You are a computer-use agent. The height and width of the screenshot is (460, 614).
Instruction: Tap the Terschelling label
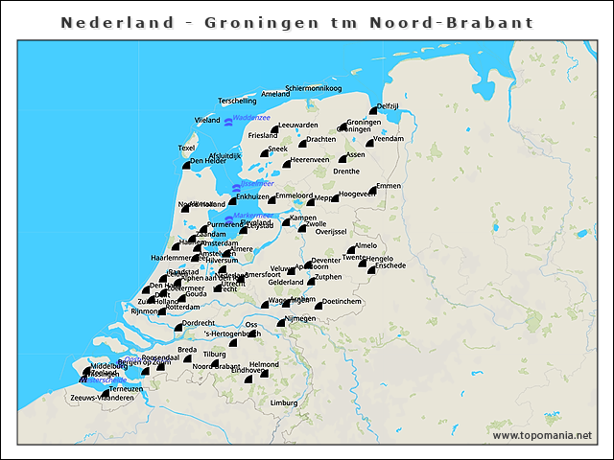[238, 101]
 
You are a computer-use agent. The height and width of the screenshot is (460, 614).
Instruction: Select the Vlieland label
[207, 121]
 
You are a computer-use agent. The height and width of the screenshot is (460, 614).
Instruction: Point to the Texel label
[186, 148]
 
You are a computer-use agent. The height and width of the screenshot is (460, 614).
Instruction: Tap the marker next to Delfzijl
[373, 98]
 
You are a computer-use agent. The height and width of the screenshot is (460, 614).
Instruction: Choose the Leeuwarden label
[297, 126]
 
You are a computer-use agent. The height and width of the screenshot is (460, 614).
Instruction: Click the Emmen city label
[389, 185]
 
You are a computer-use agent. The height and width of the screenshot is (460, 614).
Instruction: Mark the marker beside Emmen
[374, 191]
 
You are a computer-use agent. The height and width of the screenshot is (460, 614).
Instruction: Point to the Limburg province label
[284, 403]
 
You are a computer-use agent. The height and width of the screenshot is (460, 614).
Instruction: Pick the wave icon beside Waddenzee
[228, 122]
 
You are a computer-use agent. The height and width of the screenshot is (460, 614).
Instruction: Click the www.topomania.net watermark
[542, 435]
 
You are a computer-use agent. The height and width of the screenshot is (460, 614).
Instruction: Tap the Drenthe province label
[346, 172]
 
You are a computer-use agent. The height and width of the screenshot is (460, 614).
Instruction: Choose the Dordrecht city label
[199, 323]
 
